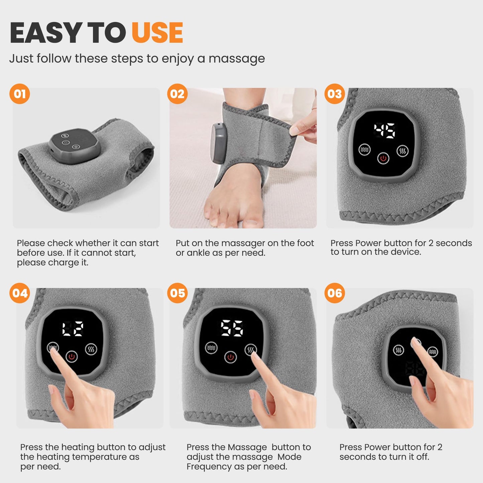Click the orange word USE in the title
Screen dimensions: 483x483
pyautogui.click(x=157, y=33)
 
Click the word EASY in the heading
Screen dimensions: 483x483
pyautogui.click(x=46, y=33)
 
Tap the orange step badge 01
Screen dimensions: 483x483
pyautogui.click(x=20, y=94)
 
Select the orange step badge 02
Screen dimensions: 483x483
pyautogui.click(x=177, y=94)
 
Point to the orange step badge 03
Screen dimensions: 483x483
pyautogui.click(x=335, y=94)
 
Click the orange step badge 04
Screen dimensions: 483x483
pyautogui.click(x=20, y=293)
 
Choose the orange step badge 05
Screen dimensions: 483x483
pyautogui.click(x=177, y=293)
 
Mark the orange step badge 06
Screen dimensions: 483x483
pyautogui.click(x=335, y=293)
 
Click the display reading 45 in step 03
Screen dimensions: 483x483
pyautogui.click(x=384, y=131)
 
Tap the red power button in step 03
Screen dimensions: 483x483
pyautogui.click(x=383, y=158)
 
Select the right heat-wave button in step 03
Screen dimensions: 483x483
pyautogui.click(x=402, y=151)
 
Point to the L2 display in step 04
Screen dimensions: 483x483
pyautogui.click(x=73, y=329)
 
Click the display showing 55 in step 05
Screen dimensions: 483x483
pyautogui.click(x=232, y=328)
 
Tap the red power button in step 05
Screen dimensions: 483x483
pyautogui.click(x=230, y=357)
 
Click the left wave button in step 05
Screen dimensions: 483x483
pyautogui.click(x=211, y=348)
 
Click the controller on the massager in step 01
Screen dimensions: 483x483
pyautogui.click(x=74, y=145)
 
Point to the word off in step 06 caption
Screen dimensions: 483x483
pyautogui.click(x=422, y=457)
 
